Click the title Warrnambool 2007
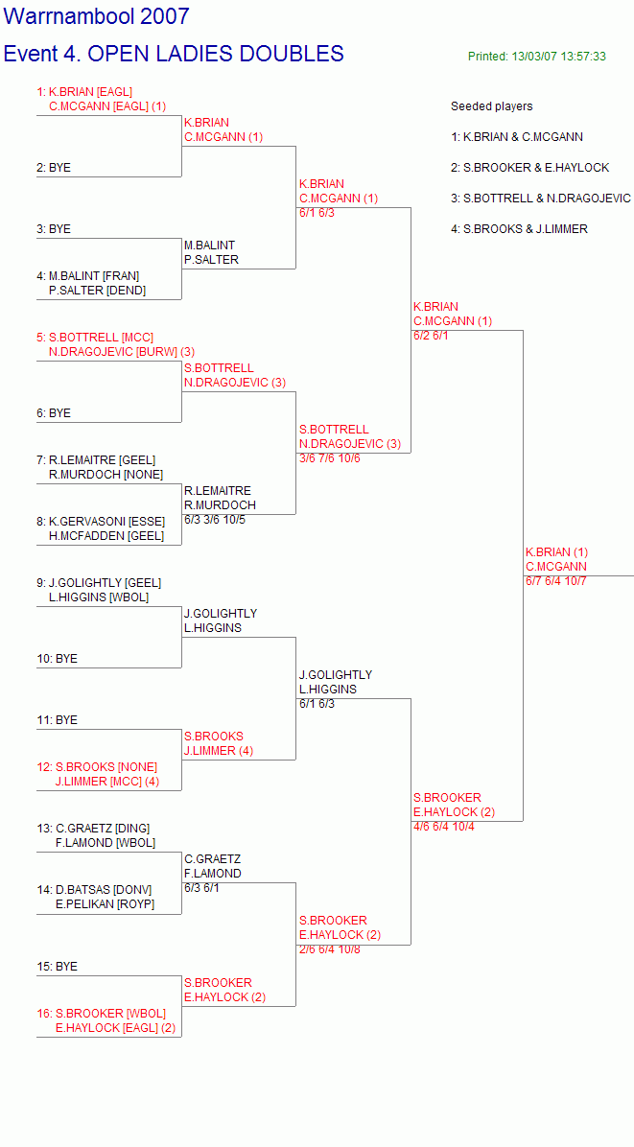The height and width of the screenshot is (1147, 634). click(x=97, y=16)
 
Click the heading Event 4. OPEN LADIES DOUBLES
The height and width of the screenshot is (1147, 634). click(x=174, y=54)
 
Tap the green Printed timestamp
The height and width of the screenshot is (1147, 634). click(x=537, y=57)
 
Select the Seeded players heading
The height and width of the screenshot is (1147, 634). click(x=491, y=106)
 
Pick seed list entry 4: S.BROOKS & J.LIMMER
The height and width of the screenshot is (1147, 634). click(x=519, y=229)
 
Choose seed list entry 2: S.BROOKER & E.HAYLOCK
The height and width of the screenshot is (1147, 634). click(x=529, y=168)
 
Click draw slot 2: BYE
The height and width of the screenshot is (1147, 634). click(x=54, y=168)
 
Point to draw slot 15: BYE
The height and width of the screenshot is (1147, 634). click(x=57, y=967)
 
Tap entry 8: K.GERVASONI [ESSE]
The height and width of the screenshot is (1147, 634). click(x=101, y=522)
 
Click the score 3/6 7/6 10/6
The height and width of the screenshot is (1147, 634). click(x=330, y=458)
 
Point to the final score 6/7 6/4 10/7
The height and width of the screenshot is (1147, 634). click(x=555, y=581)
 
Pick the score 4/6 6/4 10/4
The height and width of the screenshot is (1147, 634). click(x=444, y=828)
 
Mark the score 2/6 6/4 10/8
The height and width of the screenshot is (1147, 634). click(x=330, y=949)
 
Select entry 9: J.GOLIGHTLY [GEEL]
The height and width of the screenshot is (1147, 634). click(x=99, y=583)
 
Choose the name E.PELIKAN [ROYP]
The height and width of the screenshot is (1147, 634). click(x=106, y=905)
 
